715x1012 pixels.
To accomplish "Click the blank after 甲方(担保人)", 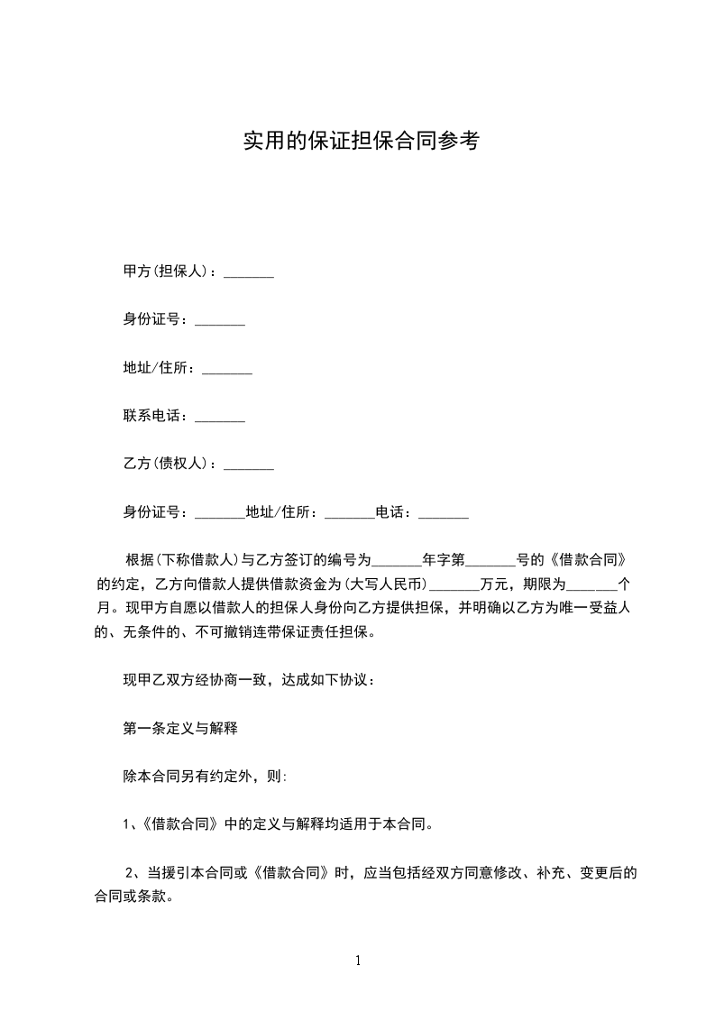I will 248,272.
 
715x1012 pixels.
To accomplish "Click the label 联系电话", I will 154,417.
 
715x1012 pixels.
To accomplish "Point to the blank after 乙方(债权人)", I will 248,465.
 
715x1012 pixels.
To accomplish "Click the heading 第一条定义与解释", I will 180,728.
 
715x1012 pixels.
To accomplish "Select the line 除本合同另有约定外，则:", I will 205,776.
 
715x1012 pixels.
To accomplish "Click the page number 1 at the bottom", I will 358,961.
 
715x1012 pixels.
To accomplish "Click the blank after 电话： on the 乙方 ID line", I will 444,513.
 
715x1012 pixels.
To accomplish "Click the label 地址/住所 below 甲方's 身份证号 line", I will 158,368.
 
